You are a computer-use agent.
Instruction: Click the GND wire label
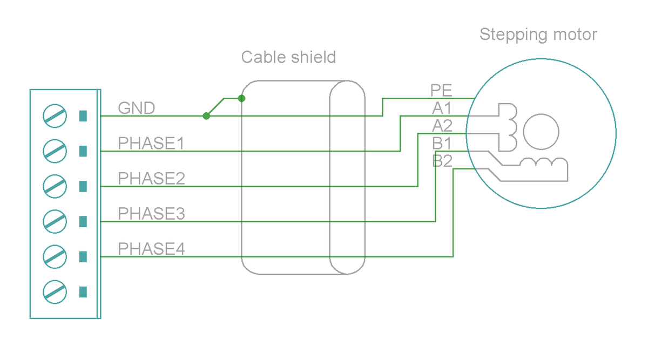pos(136,108)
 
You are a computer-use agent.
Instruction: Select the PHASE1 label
pos(151,144)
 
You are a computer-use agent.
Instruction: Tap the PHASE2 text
pos(151,179)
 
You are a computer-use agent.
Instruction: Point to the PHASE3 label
pos(151,214)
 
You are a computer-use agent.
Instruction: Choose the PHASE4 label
pos(151,249)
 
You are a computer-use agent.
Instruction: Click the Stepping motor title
pos(538,35)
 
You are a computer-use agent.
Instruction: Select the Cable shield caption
pos(288,57)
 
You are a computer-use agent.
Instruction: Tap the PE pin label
pos(441,90)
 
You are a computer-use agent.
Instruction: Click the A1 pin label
pos(442,108)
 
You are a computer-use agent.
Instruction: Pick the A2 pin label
pos(442,126)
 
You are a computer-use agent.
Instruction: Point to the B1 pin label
pos(442,144)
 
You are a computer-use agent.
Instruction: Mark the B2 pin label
pos(442,161)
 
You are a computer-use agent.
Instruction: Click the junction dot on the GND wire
pos(206,116)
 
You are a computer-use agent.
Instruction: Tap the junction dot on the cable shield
pos(241,98)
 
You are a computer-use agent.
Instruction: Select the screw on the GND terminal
pos(55,116)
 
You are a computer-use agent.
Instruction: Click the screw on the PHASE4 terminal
pos(55,256)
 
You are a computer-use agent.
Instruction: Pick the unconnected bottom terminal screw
pos(55,291)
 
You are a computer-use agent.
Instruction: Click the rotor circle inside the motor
pos(541,132)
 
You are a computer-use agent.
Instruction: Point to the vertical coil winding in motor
pos(509,126)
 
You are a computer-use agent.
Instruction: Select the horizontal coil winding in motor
pos(543,163)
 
